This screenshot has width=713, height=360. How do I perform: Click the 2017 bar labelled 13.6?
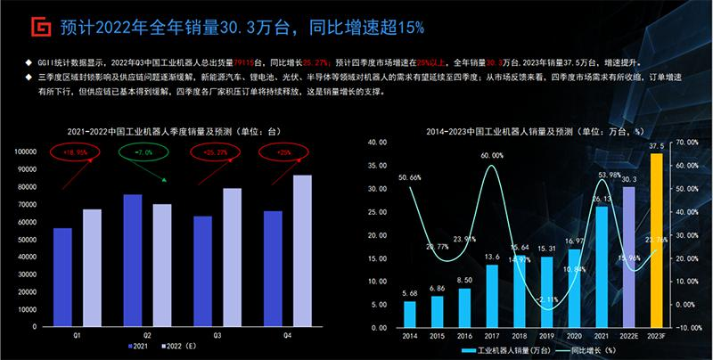coord(492,294)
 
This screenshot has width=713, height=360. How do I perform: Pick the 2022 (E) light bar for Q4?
coord(302,250)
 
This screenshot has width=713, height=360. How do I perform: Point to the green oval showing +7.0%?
coord(143,152)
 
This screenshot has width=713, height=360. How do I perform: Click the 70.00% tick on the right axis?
coord(688,142)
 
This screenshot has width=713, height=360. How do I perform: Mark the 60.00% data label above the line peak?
coord(492,155)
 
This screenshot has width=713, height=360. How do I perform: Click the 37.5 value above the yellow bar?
coord(657,146)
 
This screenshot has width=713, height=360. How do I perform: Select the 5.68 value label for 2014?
coord(409,293)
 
